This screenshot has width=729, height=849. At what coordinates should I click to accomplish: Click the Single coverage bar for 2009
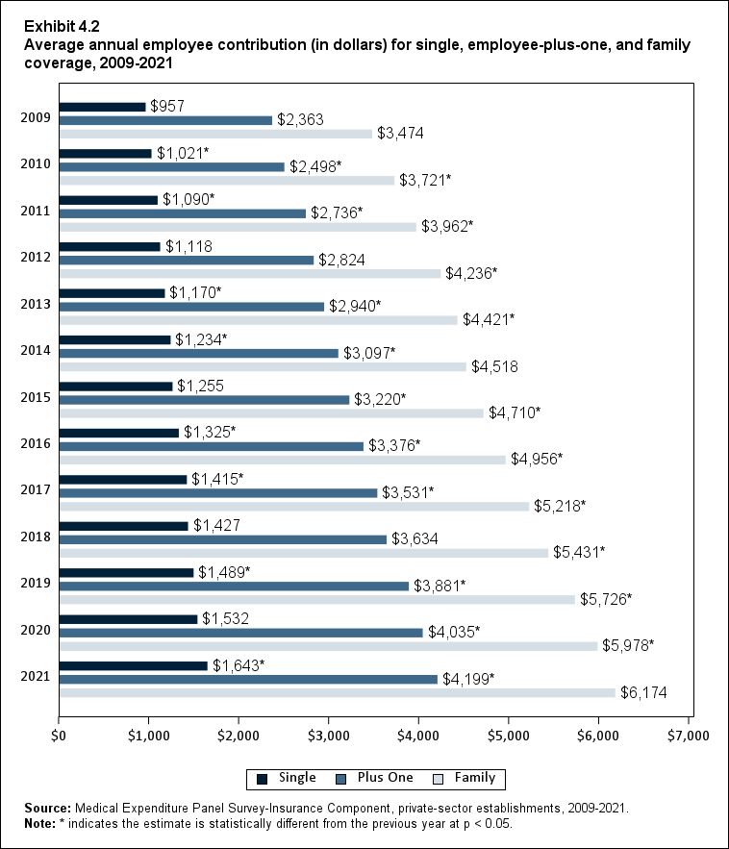(x=102, y=107)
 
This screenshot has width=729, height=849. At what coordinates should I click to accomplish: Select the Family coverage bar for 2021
(x=337, y=692)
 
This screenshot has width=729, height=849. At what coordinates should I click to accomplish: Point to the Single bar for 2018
(x=123, y=526)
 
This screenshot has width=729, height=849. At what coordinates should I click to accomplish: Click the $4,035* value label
(x=455, y=632)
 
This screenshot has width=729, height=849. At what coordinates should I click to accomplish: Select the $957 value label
(x=167, y=106)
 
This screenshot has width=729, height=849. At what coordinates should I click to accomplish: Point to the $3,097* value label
(x=370, y=353)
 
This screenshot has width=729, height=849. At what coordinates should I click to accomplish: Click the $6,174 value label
(x=643, y=692)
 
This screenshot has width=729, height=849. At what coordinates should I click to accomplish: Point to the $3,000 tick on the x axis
(x=329, y=736)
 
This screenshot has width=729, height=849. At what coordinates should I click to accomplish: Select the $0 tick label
(x=59, y=736)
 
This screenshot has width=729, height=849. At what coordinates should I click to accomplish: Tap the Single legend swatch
(x=262, y=778)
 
